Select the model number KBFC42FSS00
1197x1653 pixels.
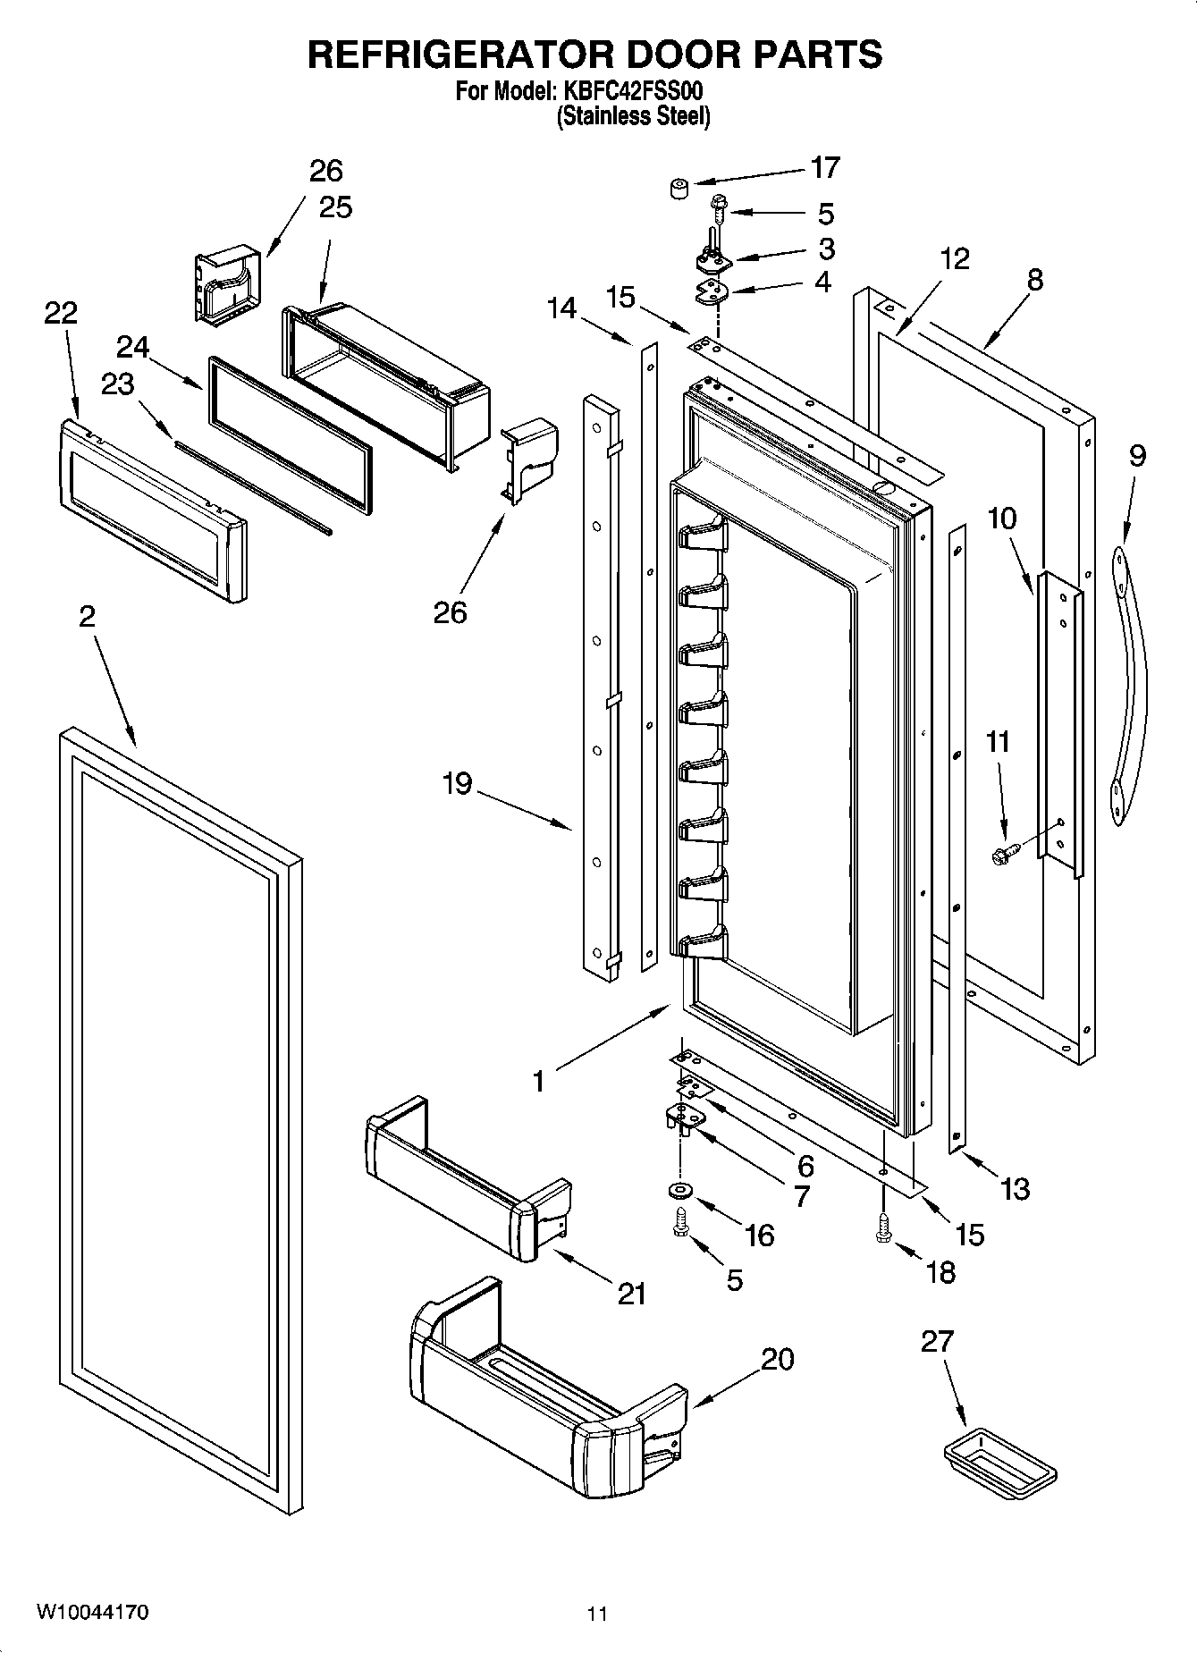point(631,91)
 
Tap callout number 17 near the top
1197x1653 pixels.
point(824,167)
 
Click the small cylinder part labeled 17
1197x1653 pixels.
point(679,188)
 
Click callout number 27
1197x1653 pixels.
point(937,1341)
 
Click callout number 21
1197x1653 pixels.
point(631,1293)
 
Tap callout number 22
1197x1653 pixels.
point(61,312)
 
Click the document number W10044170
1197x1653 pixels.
point(93,1613)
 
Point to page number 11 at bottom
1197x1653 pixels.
point(597,1614)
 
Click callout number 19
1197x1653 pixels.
point(456,784)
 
